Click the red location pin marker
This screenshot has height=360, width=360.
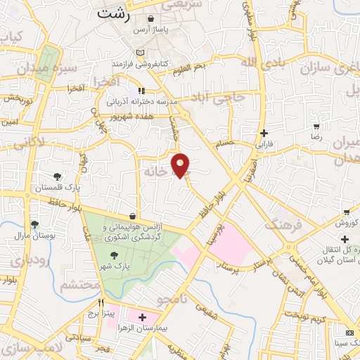(x=181, y=165)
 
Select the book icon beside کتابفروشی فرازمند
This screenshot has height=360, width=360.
(x=141, y=53)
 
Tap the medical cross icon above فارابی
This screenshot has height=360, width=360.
(x=264, y=132)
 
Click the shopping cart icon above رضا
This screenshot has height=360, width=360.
(x=316, y=127)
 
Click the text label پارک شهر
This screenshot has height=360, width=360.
(x=114, y=268)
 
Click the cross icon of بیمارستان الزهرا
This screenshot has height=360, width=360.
(x=143, y=318)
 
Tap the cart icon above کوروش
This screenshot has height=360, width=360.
(x=345, y=212)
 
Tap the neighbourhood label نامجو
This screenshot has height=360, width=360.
(x=174, y=300)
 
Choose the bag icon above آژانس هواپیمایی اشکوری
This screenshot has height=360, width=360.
(x=133, y=216)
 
